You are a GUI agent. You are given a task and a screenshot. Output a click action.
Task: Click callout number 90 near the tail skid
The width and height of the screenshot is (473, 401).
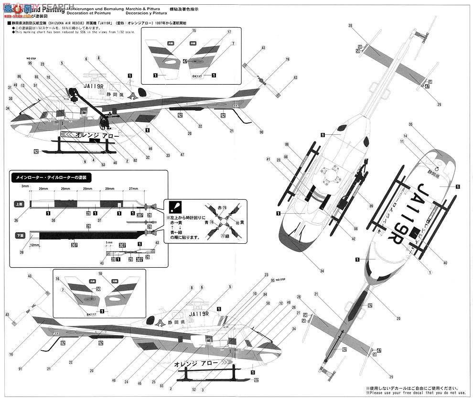pyautogui.click(x=261, y=132)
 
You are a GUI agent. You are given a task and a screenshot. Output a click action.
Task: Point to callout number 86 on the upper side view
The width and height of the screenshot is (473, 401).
pyautogui.click(x=19, y=76)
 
